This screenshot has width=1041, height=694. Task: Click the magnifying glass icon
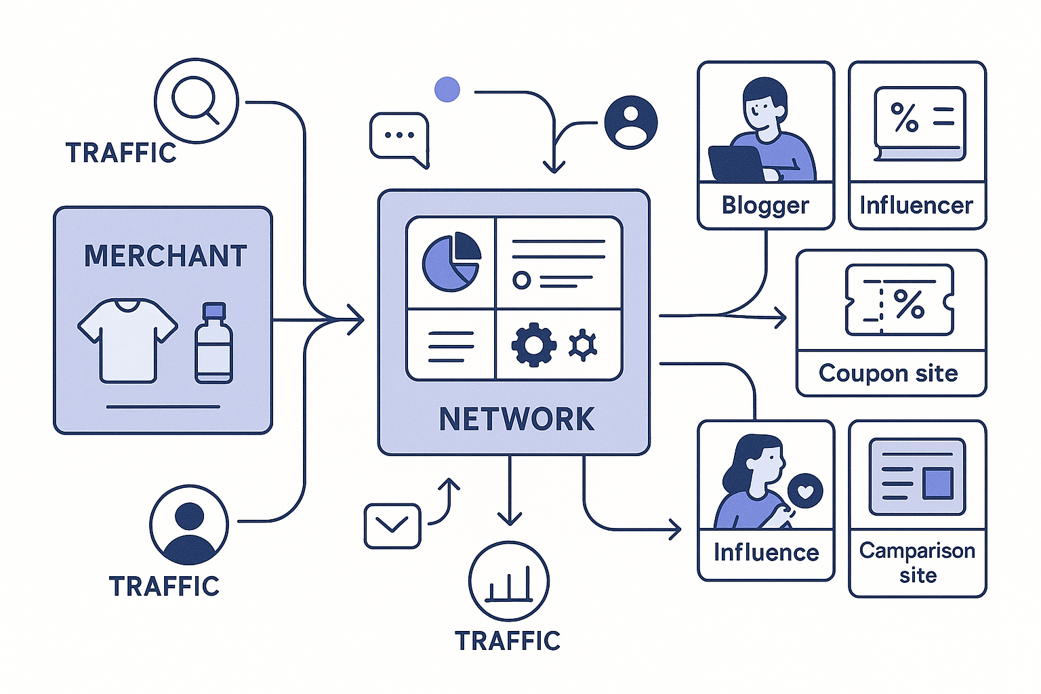coord(196,100)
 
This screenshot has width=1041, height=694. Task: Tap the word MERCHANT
coord(165,256)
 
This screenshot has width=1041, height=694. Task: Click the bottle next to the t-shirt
coord(213,344)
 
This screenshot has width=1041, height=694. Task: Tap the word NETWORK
coord(516,420)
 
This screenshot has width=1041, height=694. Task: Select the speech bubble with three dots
coord(399,137)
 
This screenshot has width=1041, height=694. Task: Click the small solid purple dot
coord(447,89)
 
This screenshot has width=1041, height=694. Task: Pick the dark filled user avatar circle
coord(630,123)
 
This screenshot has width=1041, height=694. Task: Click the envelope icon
coord(392,526)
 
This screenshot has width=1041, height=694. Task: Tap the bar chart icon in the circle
coord(508,581)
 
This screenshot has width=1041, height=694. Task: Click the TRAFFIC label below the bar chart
coord(508,641)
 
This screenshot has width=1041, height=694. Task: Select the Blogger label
coord(765,205)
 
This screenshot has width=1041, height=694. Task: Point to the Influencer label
coord(916,205)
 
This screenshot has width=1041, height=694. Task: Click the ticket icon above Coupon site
coord(899,300)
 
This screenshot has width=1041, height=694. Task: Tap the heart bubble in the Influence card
coord(805,490)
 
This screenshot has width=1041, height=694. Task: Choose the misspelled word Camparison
coord(917,550)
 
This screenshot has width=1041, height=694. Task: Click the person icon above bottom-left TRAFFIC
coord(189,525)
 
